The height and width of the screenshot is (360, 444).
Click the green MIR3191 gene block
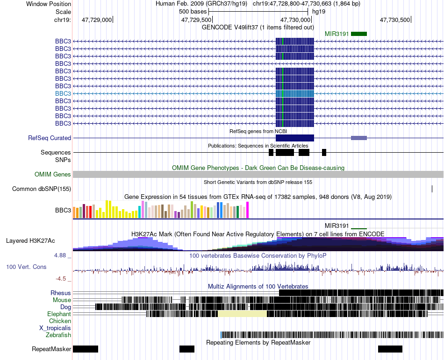pos(359,34)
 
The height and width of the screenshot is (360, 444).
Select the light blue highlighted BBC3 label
pos(63,93)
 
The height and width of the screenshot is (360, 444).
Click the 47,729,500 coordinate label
pos(196,20)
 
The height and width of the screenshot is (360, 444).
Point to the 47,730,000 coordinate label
pos(295,20)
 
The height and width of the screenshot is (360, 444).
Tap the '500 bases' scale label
pos(193,12)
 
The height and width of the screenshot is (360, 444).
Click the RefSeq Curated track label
pos(50,138)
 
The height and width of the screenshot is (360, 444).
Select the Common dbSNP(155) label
pos(42,189)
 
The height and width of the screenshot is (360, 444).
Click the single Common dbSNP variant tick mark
pos(432,189)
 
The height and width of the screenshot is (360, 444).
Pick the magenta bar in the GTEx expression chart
pos(248,210)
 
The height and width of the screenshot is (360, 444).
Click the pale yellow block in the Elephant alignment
pos(243,314)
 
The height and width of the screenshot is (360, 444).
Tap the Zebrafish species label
pos(58,335)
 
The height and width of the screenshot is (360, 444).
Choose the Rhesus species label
pos(61,293)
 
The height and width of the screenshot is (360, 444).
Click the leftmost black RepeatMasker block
pos(86,349)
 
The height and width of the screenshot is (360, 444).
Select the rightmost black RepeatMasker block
pos(390,349)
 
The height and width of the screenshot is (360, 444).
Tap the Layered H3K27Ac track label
pos(30,240)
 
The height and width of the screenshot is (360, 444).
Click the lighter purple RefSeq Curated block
pos(359,138)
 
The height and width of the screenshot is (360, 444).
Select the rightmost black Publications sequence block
pos(324,152)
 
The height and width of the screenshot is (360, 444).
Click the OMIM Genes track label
pos(53,175)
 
